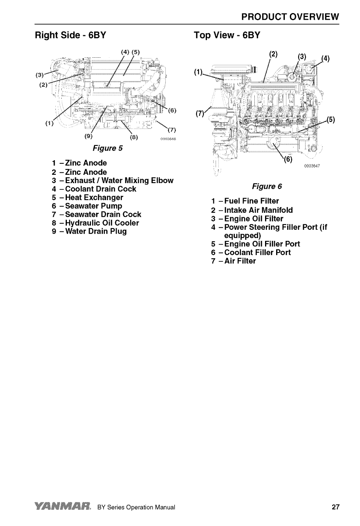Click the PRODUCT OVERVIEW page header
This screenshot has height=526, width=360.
290,17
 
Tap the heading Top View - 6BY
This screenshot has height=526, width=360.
227,35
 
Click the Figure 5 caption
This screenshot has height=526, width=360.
107,148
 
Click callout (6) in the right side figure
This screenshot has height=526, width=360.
172,110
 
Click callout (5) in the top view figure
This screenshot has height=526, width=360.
331,120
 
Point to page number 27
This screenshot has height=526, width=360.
335,507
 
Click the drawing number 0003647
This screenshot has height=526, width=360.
312,166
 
